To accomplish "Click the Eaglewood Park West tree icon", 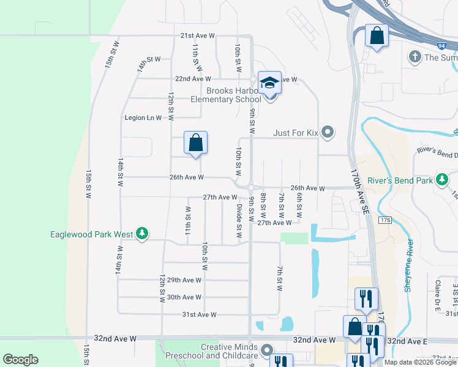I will [142, 234].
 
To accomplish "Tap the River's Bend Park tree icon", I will [441, 180].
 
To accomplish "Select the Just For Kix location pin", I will [328, 132].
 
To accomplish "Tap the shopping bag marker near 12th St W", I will [195, 143].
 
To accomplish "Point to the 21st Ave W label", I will [197, 36].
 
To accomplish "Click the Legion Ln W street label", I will [143, 117].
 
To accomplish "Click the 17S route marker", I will [385, 220].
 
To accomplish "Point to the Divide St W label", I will [240, 222].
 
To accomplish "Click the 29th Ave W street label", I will [184, 280].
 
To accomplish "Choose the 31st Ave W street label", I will [200, 314].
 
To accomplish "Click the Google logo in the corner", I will [20, 360].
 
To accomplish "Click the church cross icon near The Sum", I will [415, 57].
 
